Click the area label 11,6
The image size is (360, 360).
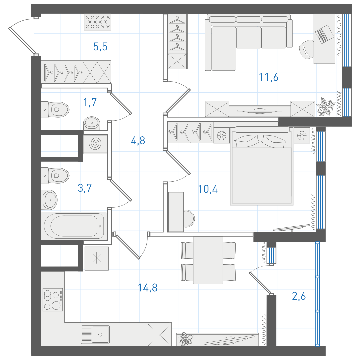(268, 77)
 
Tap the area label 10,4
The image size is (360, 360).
(208, 189)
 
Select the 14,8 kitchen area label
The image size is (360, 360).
(148, 288)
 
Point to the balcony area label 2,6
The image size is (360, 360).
(299, 296)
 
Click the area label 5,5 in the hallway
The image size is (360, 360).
(100, 47)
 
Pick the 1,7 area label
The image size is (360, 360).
(90, 102)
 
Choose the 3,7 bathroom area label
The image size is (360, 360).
(84, 188)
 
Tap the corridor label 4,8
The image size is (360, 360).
(138, 141)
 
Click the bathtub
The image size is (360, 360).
(74, 226)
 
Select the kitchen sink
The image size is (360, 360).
(95, 335)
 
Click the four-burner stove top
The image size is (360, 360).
(53, 300)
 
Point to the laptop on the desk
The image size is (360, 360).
(324, 34)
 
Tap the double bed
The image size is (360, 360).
(262, 166)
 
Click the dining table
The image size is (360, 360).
(208, 260)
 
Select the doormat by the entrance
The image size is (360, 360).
(98, 22)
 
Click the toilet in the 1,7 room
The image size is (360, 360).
(55, 110)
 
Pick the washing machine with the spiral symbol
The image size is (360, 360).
(95, 144)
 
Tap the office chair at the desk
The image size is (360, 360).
(307, 49)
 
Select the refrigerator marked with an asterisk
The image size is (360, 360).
(97, 258)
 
